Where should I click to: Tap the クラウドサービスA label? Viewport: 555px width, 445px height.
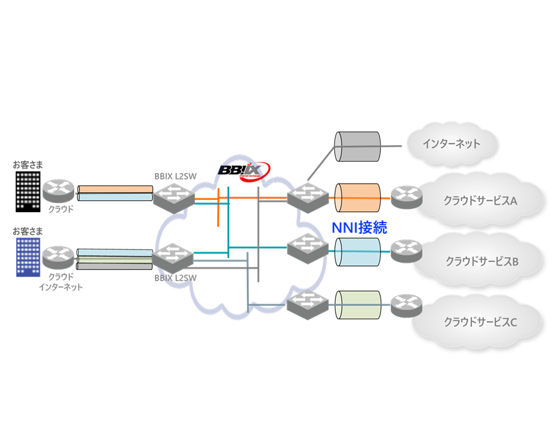pyautogui.click(x=480, y=201)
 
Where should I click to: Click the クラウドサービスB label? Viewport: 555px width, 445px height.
pyautogui.click(x=482, y=261)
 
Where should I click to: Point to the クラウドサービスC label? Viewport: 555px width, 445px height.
pyautogui.click(x=480, y=322)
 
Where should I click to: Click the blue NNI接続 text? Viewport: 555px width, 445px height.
pyautogui.click(x=359, y=227)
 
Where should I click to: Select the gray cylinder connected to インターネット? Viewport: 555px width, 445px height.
pyautogui.click(x=357, y=146)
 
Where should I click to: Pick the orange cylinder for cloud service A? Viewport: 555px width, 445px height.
pyautogui.click(x=357, y=198)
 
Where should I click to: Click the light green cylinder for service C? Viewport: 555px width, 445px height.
pyautogui.click(x=357, y=305)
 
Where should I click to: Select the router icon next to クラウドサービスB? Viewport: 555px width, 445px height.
pyautogui.click(x=406, y=250)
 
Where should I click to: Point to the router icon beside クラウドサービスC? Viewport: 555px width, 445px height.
pyautogui.click(x=406, y=306)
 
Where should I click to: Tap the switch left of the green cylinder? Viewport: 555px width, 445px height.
pyautogui.click(x=307, y=304)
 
